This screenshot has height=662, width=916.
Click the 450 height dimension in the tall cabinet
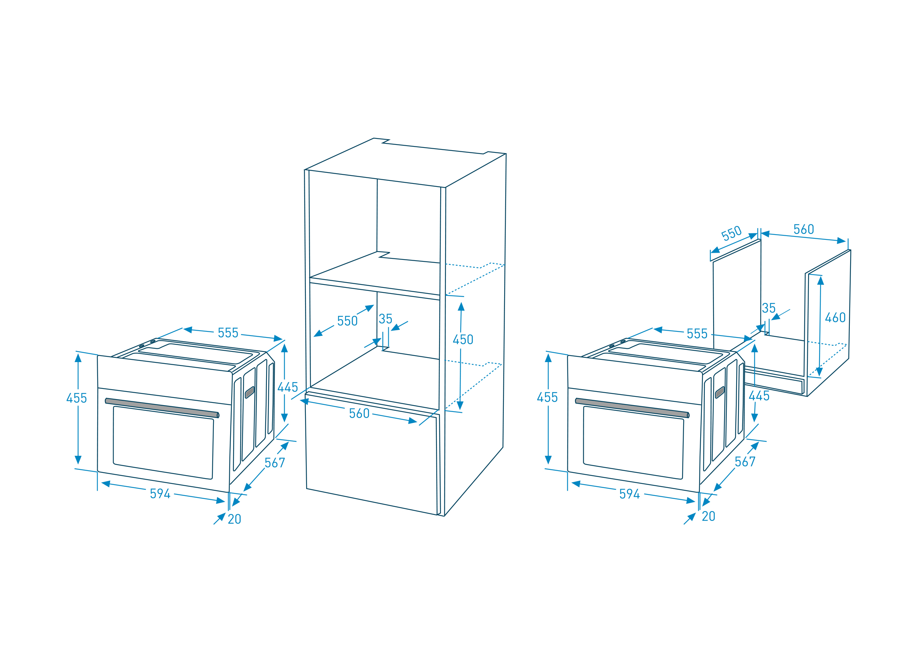[463, 339]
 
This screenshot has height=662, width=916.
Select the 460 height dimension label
[835, 317]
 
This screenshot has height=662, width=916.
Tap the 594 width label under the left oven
[160, 494]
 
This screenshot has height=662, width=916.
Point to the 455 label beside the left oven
[77, 398]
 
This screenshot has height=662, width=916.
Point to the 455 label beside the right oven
[547, 397]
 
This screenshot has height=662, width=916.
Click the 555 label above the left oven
[228, 333]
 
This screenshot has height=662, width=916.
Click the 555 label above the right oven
[697, 333]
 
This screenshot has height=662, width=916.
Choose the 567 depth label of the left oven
[275, 463]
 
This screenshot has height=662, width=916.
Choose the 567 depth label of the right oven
[745, 462]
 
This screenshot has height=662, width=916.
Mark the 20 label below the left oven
[234, 519]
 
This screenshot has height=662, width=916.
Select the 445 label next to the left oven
[288, 387]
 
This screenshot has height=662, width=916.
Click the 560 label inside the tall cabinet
[359, 413]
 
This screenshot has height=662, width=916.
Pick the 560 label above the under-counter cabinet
[804, 229]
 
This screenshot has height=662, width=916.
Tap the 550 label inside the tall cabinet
[347, 321]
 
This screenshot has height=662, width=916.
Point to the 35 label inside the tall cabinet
[385, 319]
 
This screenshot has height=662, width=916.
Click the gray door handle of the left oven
[162, 408]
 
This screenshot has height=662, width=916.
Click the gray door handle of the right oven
[632, 408]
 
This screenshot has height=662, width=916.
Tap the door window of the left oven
[163, 443]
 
